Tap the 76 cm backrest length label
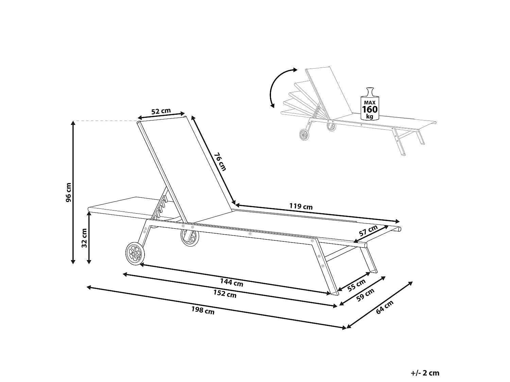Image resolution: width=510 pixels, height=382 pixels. (x=220, y=162)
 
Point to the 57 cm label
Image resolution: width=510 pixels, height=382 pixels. (x=368, y=232)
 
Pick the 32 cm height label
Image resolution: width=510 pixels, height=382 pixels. (x=84, y=238)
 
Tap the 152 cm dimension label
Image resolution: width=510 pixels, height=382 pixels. (x=225, y=294)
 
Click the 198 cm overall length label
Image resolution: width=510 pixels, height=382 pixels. (x=203, y=310)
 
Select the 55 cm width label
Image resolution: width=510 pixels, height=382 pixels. (x=357, y=285)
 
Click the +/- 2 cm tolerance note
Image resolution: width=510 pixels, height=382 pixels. (x=425, y=373)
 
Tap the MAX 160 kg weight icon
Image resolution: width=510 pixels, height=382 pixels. (x=370, y=104)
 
